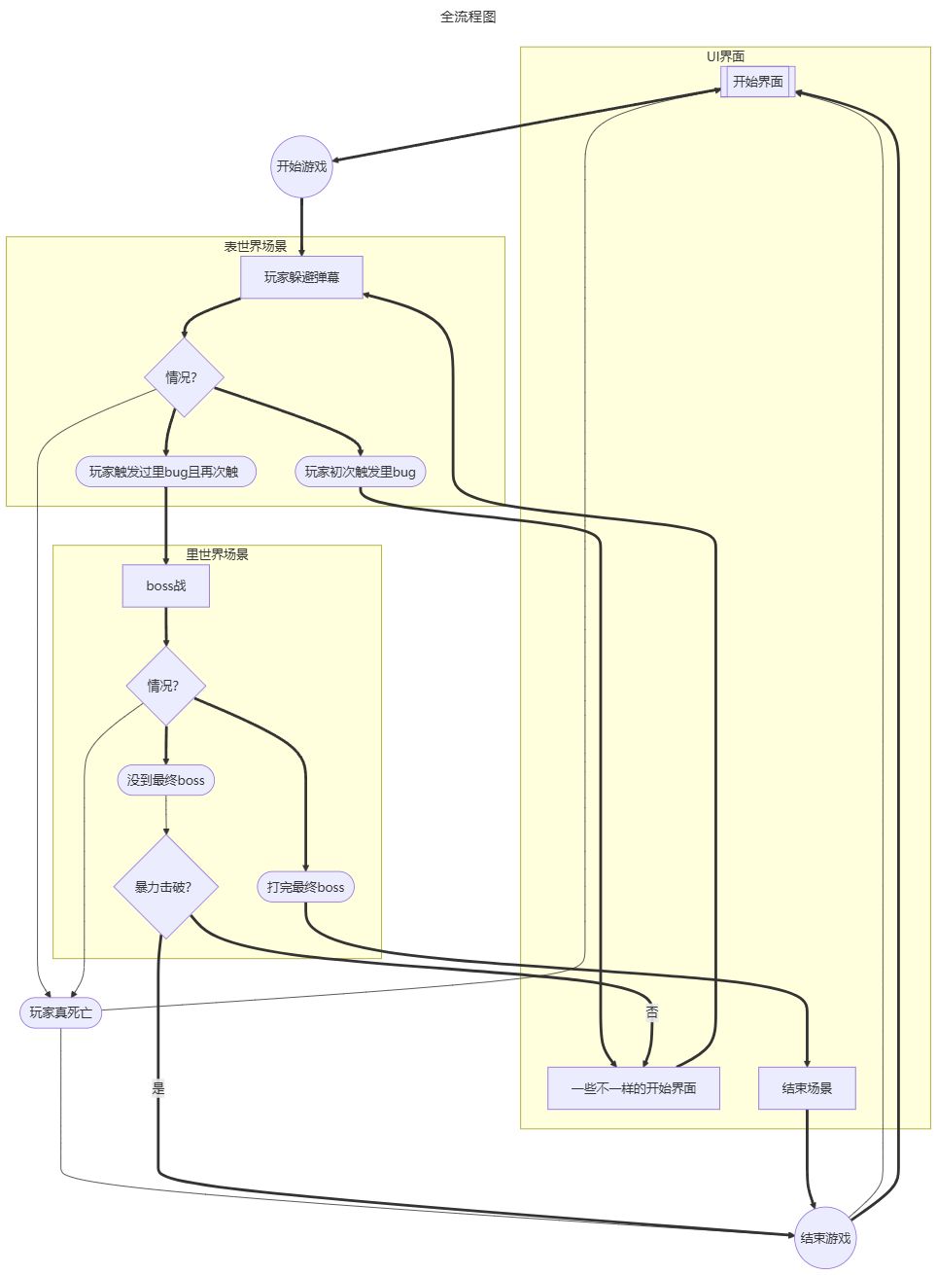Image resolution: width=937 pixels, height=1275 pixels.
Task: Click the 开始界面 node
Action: tap(758, 82)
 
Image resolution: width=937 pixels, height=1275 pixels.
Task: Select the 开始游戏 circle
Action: tap(301, 166)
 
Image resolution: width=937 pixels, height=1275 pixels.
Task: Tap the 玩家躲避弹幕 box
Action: tap(301, 277)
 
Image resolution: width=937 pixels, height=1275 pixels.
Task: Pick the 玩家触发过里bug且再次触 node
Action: tap(165, 472)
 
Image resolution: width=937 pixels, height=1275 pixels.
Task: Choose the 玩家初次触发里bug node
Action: tap(360, 472)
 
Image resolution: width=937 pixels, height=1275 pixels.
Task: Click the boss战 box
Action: tap(165, 585)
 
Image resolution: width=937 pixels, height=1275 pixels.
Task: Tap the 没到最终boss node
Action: tap(165, 780)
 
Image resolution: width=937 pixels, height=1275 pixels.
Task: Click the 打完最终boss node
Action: tap(305, 887)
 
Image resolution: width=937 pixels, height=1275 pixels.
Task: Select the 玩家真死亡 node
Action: tap(60, 1012)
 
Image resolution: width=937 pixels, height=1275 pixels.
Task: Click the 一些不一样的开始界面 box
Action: tap(634, 1088)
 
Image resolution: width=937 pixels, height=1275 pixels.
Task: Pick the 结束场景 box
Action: tap(807, 1088)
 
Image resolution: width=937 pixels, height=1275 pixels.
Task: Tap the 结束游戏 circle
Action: tap(825, 1238)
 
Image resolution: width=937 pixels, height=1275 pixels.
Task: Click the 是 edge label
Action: tap(158, 1088)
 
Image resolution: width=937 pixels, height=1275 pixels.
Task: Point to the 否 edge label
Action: tap(652, 1012)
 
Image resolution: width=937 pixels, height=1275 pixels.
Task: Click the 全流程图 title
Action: tap(468, 17)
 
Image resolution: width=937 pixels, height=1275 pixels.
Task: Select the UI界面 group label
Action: tap(725, 56)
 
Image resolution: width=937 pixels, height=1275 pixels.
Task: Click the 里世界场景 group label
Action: tap(217, 554)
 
